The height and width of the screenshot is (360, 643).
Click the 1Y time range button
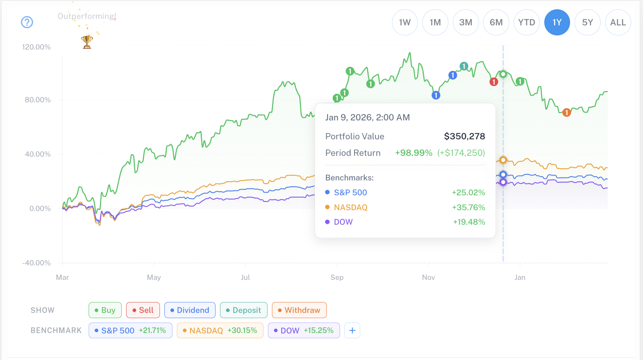click(x=557, y=23)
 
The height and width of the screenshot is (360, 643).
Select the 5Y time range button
click(x=587, y=23)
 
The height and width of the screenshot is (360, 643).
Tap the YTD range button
click(x=527, y=23)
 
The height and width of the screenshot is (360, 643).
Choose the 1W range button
click(x=404, y=23)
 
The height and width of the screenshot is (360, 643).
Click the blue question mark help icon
click(x=27, y=22)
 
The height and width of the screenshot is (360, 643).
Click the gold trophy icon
click(x=87, y=41)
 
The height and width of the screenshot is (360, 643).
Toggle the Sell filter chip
click(x=143, y=310)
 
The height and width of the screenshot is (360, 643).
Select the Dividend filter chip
click(x=190, y=310)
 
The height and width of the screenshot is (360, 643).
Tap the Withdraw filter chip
click(x=299, y=310)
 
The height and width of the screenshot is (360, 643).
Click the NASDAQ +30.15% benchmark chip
click(x=220, y=331)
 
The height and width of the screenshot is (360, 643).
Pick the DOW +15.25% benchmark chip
click(x=304, y=331)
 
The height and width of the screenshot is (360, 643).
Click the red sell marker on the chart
click(x=494, y=82)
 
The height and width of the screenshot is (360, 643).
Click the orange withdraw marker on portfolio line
click(x=566, y=112)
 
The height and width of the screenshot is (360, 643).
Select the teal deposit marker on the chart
click(x=464, y=66)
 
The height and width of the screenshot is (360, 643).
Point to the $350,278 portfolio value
click(x=464, y=137)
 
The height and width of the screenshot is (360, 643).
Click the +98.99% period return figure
click(x=413, y=153)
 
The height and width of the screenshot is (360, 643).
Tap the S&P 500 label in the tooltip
click(x=350, y=192)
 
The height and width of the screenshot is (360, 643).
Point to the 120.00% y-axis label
click(x=36, y=47)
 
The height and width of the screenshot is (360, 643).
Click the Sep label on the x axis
click(x=337, y=277)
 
